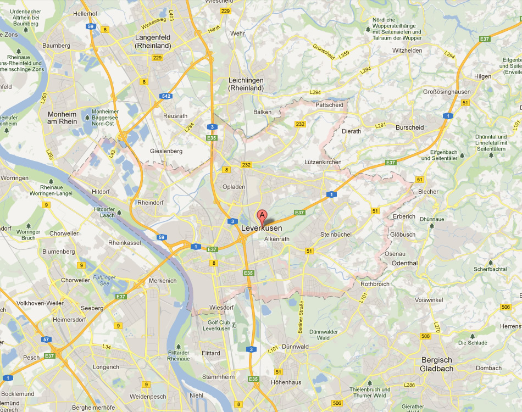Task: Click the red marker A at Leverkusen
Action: pyautogui.click(x=262, y=215)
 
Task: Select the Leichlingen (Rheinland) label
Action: pyautogui.click(x=246, y=84)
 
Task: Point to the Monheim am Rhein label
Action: pyautogui.click(x=63, y=118)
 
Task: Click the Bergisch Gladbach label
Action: pyautogui.click(x=437, y=364)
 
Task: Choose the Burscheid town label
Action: pyautogui.click(x=409, y=127)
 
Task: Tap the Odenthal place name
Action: pyautogui.click(x=404, y=263)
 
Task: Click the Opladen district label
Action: pyautogui.click(x=234, y=187)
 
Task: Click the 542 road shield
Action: pyautogui.click(x=166, y=96)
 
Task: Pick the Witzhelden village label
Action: pyautogui.click(x=407, y=51)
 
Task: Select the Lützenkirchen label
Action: pyautogui.click(x=323, y=162)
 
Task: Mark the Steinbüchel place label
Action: pyautogui.click(x=335, y=235)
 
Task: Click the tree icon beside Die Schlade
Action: pyautogui.click(x=472, y=335)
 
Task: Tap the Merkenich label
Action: pyautogui.click(x=163, y=281)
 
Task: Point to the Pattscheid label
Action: pyautogui.click(x=330, y=104)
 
